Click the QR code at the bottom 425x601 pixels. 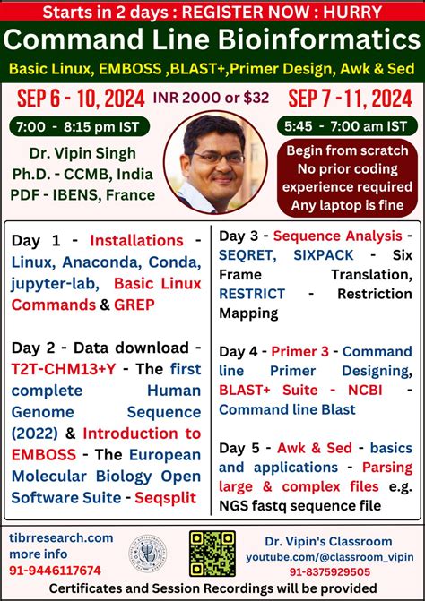tap(212, 553)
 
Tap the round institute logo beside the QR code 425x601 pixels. tap(148, 554)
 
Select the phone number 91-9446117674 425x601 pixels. tap(56, 570)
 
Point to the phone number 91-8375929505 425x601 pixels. tap(329, 571)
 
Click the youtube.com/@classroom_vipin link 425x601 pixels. tap(329, 555)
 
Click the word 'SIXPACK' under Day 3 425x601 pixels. tap(327, 254)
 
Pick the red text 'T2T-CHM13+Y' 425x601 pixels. tap(59, 368)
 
